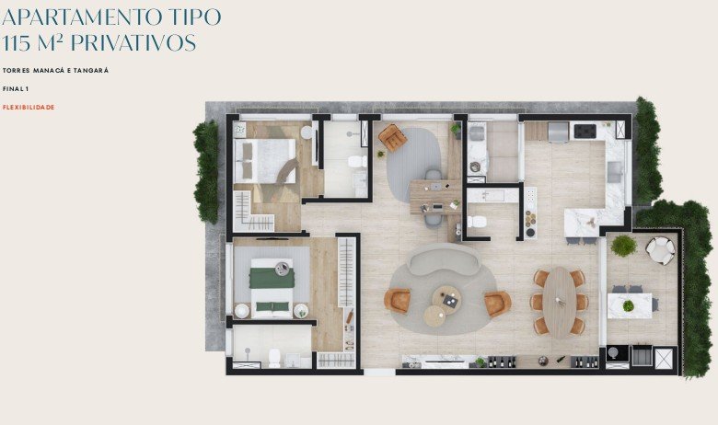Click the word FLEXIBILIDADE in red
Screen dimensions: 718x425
coord(29,107)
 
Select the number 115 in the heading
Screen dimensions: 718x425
coord(17,43)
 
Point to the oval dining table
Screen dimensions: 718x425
coord(559,303)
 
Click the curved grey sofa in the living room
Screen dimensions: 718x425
coord(444,259)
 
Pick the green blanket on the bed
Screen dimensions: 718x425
coord(272,278)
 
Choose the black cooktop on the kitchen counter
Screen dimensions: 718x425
coord(585,131)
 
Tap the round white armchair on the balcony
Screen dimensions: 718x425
coord(660,251)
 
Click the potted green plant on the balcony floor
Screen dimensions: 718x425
coord(623,246)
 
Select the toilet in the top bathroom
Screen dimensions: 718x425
coord(357,162)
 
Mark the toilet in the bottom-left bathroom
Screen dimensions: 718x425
coord(274,358)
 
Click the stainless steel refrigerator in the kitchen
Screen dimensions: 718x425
coord(558,132)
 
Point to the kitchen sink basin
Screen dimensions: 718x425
coord(615,170)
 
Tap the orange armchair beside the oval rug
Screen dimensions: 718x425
coord(392,137)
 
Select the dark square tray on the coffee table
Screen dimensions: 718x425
coord(449,300)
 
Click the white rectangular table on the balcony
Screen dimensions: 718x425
coord(630,305)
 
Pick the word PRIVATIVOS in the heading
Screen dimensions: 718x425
coord(133,43)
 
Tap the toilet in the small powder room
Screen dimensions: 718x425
coord(476,222)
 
